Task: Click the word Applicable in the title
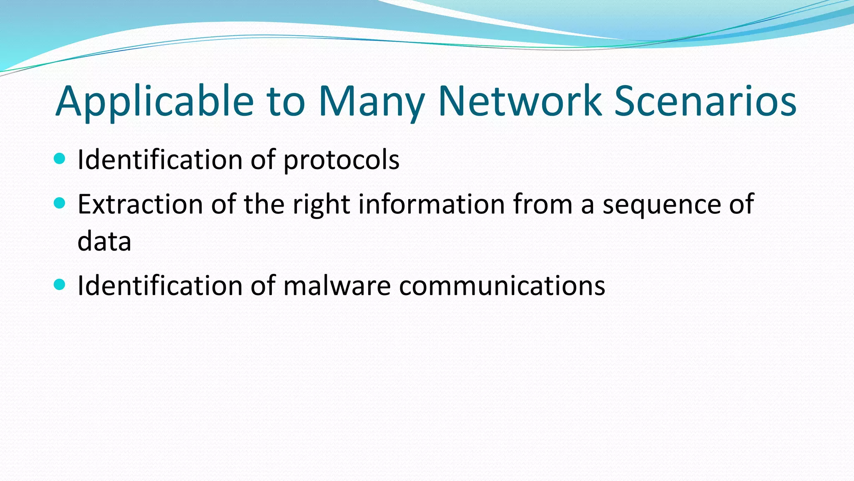(155, 101)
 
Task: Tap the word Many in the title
(371, 101)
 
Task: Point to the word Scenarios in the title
(705, 101)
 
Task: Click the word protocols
(341, 160)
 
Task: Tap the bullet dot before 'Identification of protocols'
(60, 158)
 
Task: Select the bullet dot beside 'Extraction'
(60, 203)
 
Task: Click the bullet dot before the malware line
(60, 284)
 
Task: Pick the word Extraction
(140, 204)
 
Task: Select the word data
(104, 241)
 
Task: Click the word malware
(337, 286)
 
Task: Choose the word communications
(502, 286)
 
